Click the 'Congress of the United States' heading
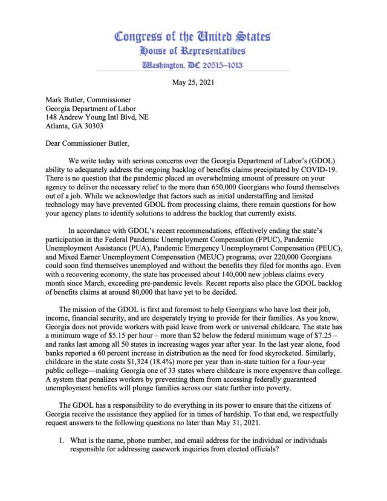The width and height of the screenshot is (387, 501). [193, 37]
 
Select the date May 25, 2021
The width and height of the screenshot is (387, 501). [193, 83]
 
